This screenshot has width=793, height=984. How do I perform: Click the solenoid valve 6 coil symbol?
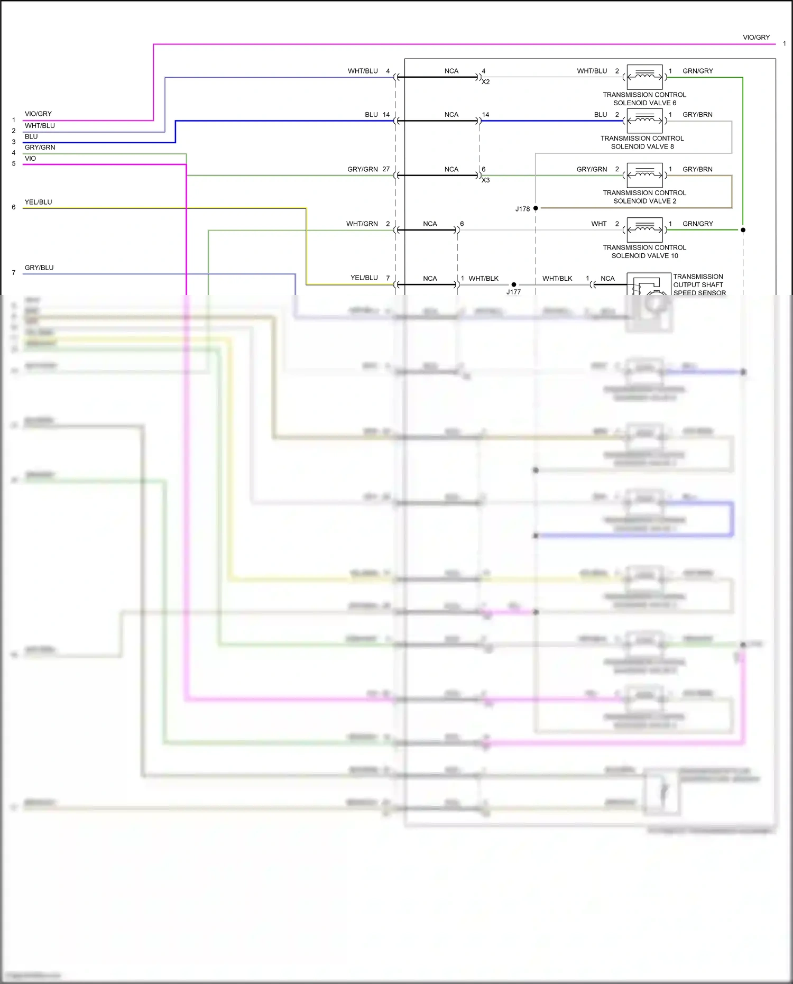pyautogui.click(x=644, y=77)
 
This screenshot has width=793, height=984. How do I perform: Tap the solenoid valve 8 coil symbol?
pyautogui.click(x=644, y=121)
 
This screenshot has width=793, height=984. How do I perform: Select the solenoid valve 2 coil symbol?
pyautogui.click(x=644, y=175)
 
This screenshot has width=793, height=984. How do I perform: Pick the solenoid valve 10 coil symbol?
pyautogui.click(x=644, y=229)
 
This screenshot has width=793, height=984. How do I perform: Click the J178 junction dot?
pyautogui.click(x=536, y=208)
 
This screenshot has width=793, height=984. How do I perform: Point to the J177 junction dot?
pyautogui.click(x=514, y=284)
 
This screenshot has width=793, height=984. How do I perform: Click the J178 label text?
pyautogui.click(x=522, y=209)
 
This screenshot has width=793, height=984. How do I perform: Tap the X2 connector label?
pyautogui.click(x=485, y=82)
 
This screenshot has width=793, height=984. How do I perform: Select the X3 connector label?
pyautogui.click(x=485, y=180)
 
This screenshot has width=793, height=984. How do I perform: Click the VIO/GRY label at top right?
pyautogui.click(x=756, y=38)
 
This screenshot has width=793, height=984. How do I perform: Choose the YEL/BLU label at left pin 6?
pyautogui.click(x=38, y=202)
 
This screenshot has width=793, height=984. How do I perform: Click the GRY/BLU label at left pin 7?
pyautogui.click(x=39, y=268)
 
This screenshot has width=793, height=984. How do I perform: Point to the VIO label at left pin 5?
pyautogui.click(x=30, y=159)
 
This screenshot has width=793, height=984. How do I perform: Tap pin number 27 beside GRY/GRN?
pyautogui.click(x=386, y=169)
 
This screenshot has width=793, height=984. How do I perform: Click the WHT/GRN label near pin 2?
pyautogui.click(x=362, y=224)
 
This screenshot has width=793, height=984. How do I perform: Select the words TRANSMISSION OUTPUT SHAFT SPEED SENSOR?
pyautogui.click(x=699, y=284)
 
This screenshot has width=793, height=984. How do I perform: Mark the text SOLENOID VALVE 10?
pyautogui.click(x=644, y=256)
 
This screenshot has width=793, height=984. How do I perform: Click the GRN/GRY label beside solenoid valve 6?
pyautogui.click(x=697, y=71)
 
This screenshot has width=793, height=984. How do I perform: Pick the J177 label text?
pyautogui.click(x=513, y=292)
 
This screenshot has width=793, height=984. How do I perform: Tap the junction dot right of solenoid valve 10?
pyautogui.click(x=743, y=230)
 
